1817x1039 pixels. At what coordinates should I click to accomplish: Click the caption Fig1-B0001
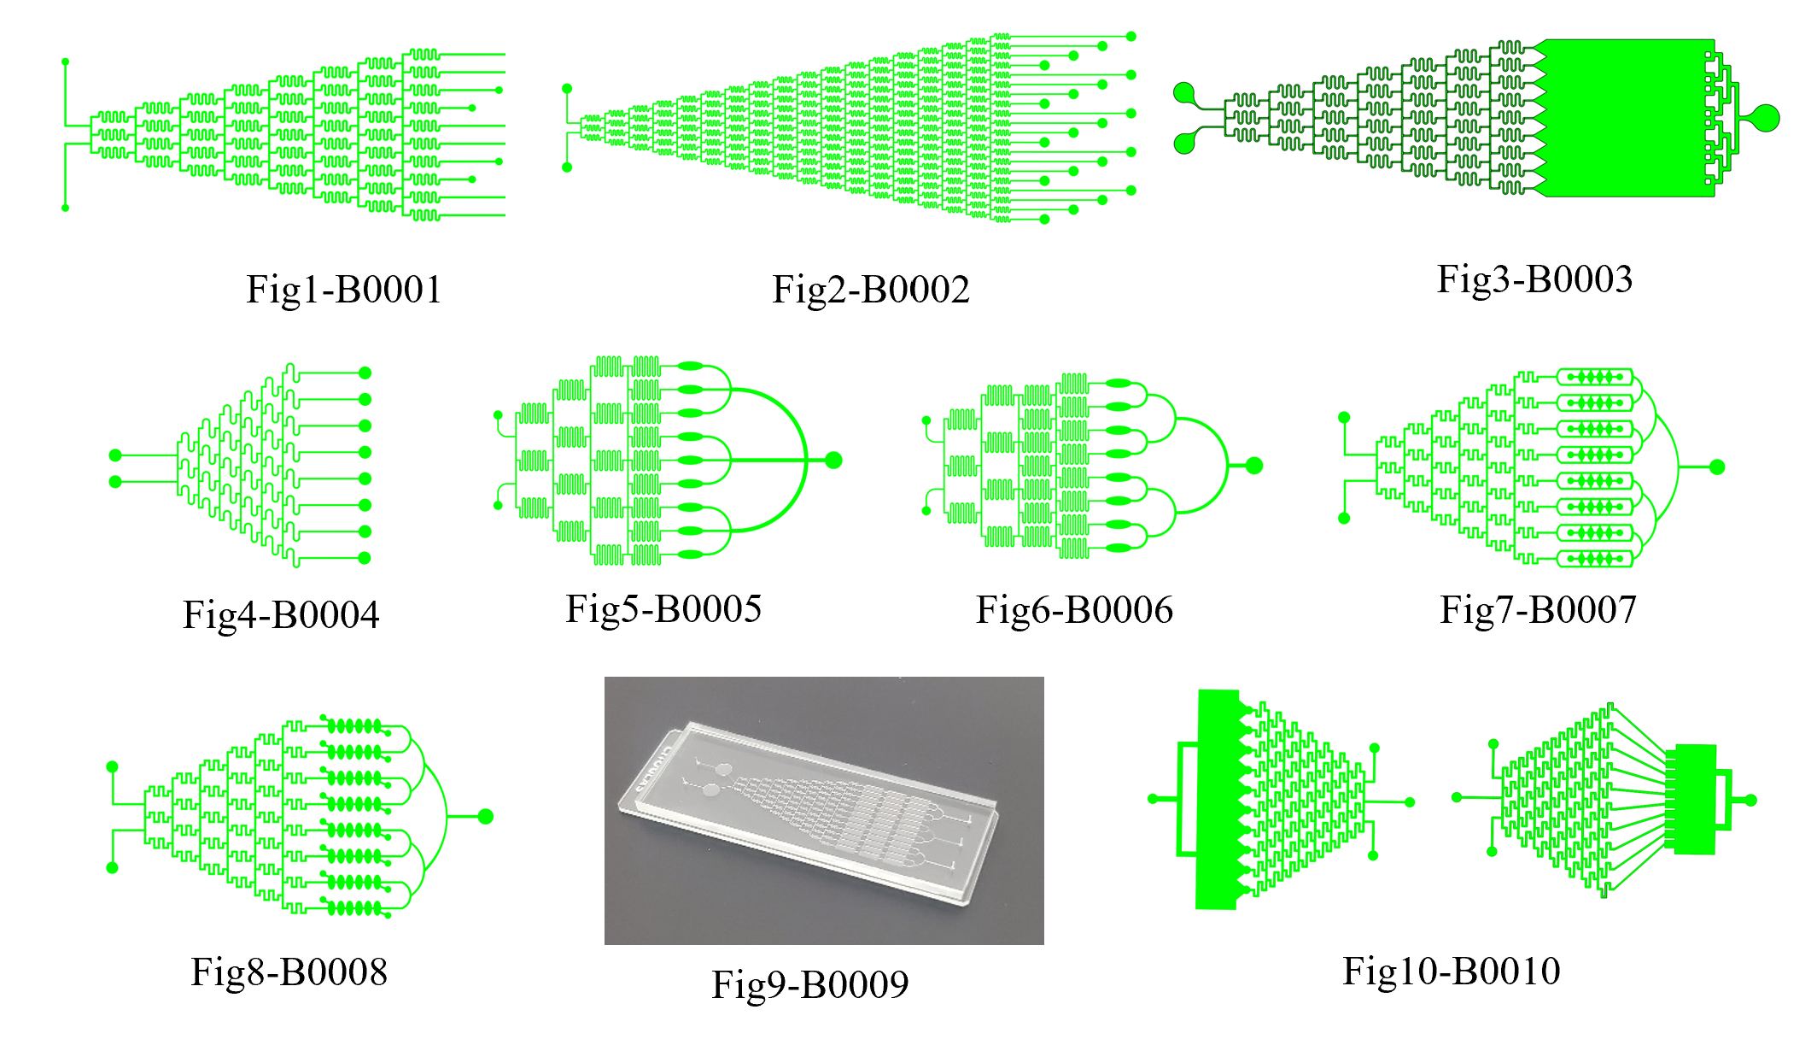[344, 290]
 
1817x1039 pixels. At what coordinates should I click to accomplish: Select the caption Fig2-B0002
[871, 290]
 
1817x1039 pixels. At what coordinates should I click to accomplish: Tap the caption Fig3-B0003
[1534, 279]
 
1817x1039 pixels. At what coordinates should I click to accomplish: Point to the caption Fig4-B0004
[281, 614]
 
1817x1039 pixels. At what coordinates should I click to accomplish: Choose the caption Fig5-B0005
[663, 609]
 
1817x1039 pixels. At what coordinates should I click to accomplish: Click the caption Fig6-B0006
[1074, 610]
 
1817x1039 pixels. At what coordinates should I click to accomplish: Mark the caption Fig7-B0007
[1538, 610]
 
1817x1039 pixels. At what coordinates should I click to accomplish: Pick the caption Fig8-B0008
[289, 971]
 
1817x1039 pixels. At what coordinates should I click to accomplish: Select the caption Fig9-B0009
[810, 984]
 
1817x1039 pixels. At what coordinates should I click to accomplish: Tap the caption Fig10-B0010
[1452, 971]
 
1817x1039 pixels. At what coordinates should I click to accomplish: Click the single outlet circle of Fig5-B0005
[834, 461]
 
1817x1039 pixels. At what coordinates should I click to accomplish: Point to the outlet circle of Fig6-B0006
[1254, 466]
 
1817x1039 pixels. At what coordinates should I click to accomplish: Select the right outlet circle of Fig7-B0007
[1717, 467]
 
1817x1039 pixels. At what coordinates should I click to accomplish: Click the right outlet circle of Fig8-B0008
[486, 817]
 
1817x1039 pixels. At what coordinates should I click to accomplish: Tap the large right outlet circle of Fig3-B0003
[1766, 118]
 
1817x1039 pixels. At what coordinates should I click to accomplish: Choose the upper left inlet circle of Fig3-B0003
[1184, 93]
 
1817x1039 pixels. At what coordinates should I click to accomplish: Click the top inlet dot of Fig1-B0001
[66, 62]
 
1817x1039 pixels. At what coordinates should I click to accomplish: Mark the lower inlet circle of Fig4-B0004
[116, 482]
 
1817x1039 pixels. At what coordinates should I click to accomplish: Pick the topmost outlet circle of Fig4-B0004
[365, 373]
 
